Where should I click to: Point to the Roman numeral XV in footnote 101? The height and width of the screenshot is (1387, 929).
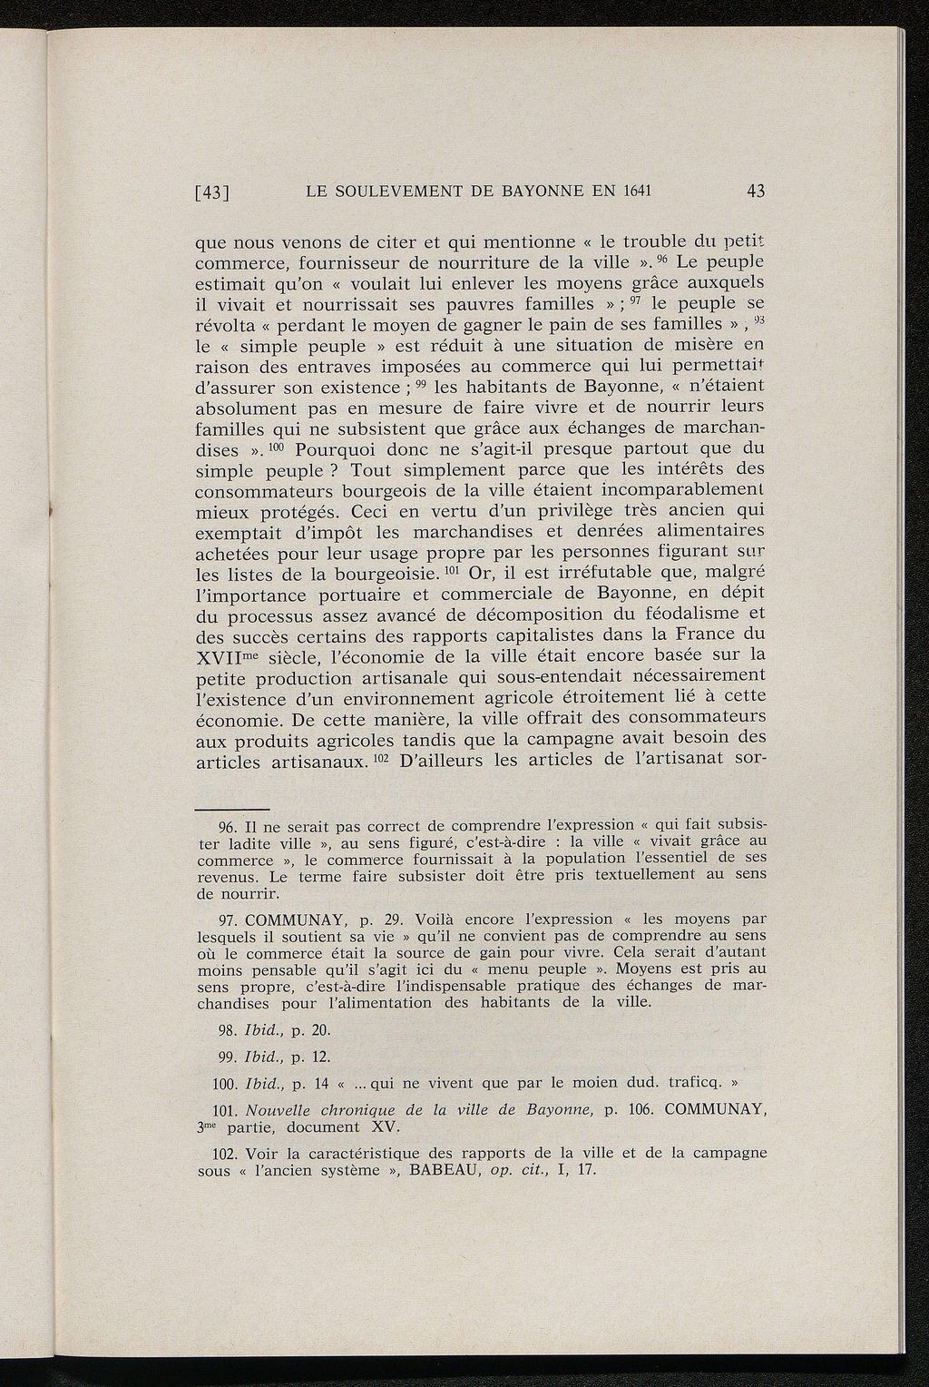coord(386,1127)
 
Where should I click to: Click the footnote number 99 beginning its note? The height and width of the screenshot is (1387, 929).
coord(229,1057)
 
